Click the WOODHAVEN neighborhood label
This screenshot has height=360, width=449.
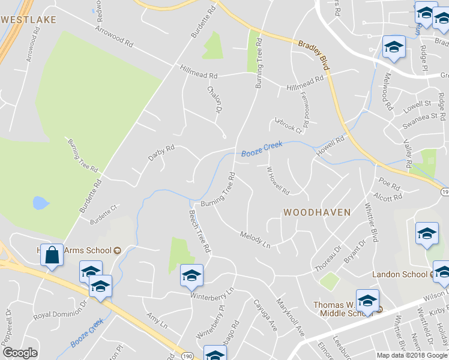pyautogui.click(x=316, y=212)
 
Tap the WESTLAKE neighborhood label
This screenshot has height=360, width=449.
pyautogui.click(x=29, y=20)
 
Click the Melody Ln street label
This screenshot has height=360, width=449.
pyautogui.click(x=255, y=238)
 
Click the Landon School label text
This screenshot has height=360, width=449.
pyautogui.click(x=400, y=274)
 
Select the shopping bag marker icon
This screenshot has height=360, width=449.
pyautogui.click(x=53, y=255)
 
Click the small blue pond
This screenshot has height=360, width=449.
pyautogui.click(x=40, y=203)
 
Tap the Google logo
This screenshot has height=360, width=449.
pyautogui.click(x=20, y=353)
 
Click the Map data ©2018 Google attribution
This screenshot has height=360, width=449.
pyautogui.click(x=412, y=355)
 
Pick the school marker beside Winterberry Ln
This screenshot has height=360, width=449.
pyautogui.click(x=191, y=276)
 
